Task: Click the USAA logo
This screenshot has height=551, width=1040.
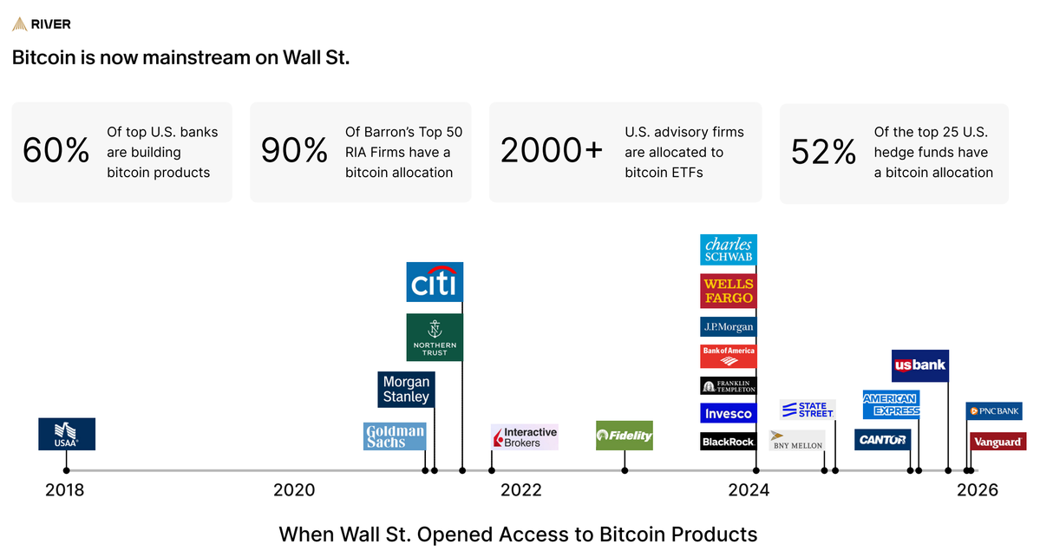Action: pyautogui.click(x=67, y=434)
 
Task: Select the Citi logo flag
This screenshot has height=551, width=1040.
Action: pyautogui.click(x=435, y=282)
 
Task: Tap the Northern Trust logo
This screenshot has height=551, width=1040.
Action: pyautogui.click(x=435, y=338)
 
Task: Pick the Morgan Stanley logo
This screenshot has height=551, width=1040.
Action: pyautogui.click(x=406, y=390)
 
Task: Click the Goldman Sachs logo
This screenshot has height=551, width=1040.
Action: pyautogui.click(x=395, y=436)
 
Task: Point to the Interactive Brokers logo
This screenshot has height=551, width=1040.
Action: pyautogui.click(x=525, y=436)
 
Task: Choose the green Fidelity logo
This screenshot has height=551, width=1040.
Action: pyautogui.click(x=625, y=436)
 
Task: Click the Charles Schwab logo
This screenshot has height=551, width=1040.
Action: pyautogui.click(x=729, y=249)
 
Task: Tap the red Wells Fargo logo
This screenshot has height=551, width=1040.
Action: pyautogui.click(x=729, y=291)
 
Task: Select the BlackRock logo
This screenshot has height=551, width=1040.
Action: pyautogui.click(x=729, y=441)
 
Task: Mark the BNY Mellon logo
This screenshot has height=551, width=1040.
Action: pyautogui.click(x=796, y=440)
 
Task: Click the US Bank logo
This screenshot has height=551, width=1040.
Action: pyautogui.click(x=919, y=365)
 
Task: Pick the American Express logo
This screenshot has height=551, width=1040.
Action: pyautogui.click(x=891, y=404)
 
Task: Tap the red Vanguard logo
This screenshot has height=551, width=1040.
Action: pyautogui.click(x=997, y=442)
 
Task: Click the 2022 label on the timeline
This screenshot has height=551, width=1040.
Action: pyautogui.click(x=520, y=490)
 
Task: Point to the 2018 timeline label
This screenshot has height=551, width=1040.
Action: pyautogui.click(x=65, y=490)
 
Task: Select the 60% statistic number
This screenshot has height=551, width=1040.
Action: pyautogui.click(x=56, y=151)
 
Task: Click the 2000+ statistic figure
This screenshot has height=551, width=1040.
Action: pyautogui.click(x=552, y=151)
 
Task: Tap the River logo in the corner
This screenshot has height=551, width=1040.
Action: pyautogui.click(x=42, y=24)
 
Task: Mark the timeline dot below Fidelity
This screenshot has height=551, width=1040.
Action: pyautogui.click(x=625, y=470)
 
